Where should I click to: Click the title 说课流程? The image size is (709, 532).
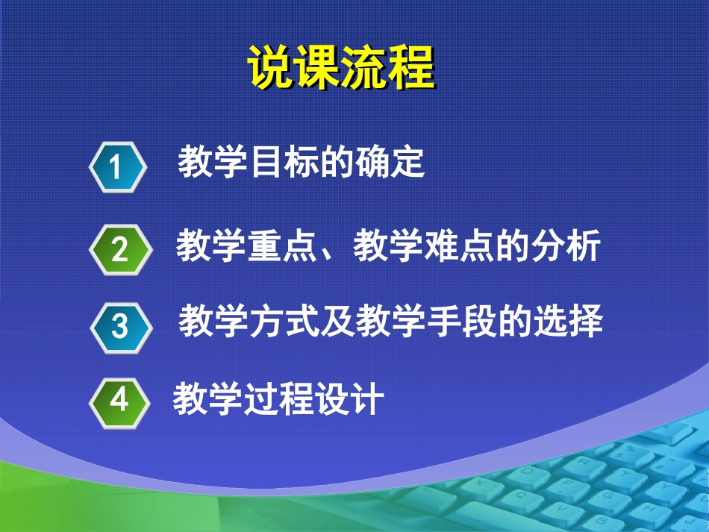tap(340, 69)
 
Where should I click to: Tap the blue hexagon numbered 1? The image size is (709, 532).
tap(116, 167)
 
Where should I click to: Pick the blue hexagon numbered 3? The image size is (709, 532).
tap(119, 326)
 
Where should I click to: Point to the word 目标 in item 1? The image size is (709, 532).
tap(283, 163)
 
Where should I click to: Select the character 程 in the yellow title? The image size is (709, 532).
tap(410, 69)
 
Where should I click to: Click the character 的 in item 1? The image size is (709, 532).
tap(336, 163)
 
